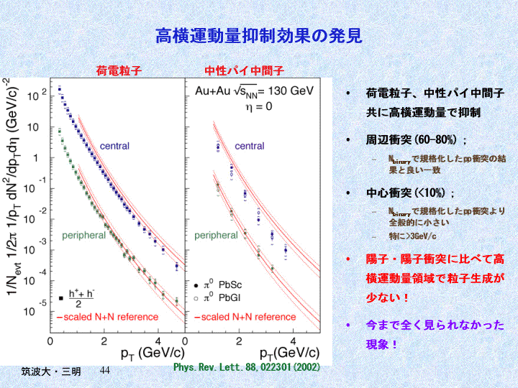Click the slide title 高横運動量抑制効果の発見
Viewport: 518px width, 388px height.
click(x=258, y=35)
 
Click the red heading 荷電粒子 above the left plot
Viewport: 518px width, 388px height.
click(x=119, y=70)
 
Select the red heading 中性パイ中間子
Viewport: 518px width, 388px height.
click(x=245, y=70)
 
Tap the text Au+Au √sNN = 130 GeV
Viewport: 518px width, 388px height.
click(x=255, y=91)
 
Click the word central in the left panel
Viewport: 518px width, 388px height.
click(x=114, y=147)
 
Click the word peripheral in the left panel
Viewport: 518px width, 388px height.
click(x=89, y=235)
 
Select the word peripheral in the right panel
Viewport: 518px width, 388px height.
click(x=216, y=235)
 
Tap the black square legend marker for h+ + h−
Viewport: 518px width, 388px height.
click(x=61, y=297)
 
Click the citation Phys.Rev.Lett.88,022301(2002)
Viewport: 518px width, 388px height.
click(x=247, y=366)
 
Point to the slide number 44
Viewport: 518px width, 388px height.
click(x=104, y=369)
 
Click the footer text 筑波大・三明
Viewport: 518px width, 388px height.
click(x=50, y=371)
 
